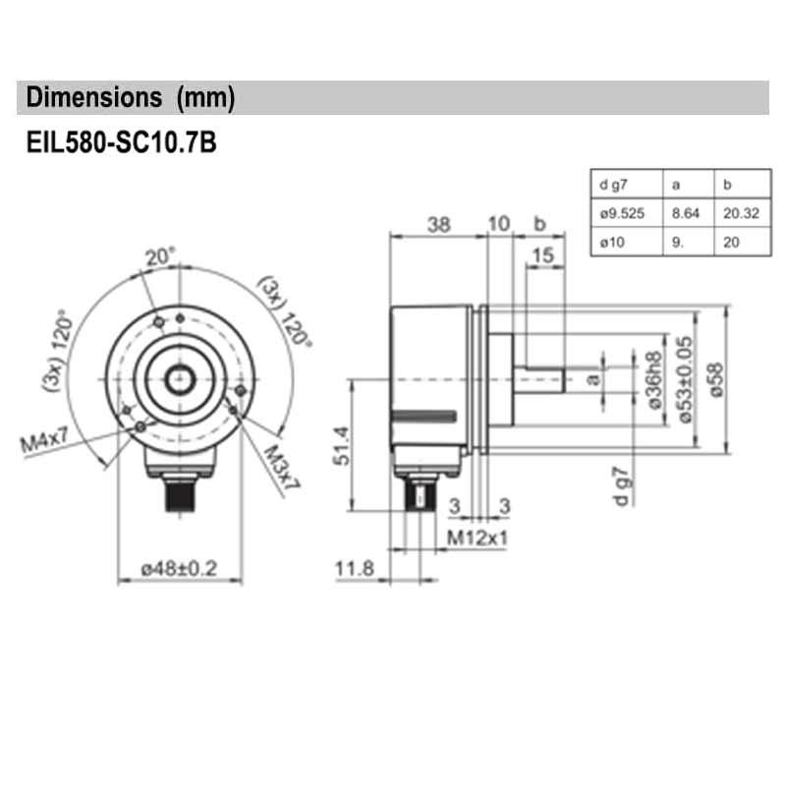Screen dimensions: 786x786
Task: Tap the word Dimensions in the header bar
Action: tap(93, 97)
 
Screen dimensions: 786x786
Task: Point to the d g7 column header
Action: tap(611, 184)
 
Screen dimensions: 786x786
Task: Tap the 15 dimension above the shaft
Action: tap(541, 255)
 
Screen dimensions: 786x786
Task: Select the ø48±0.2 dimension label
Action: tap(179, 568)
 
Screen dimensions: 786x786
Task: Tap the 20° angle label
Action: tap(160, 257)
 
